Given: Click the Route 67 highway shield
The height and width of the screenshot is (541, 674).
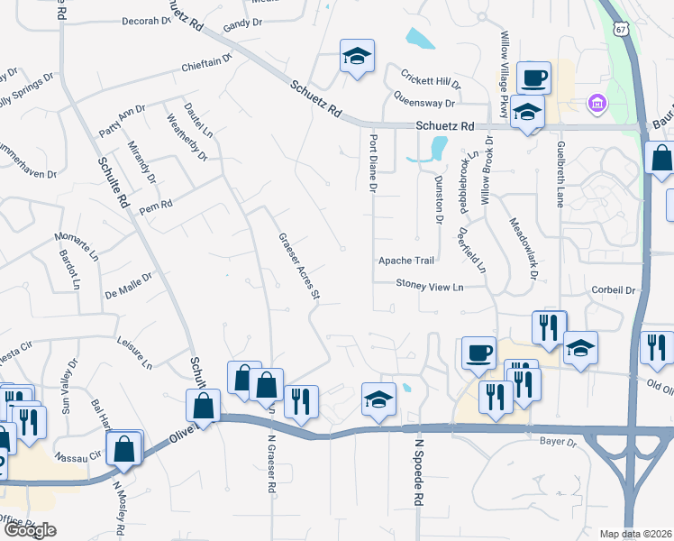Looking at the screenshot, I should pos(621,27).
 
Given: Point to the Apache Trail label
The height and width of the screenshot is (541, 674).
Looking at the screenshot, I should pos(405,261).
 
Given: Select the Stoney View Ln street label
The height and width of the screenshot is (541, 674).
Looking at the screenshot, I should pos(430,286).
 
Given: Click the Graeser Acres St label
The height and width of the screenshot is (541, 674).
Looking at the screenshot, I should pos(298,261).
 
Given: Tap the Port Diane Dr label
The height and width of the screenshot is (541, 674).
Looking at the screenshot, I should pos(372,163).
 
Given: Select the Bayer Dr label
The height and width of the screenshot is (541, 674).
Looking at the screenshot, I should pos(558,442).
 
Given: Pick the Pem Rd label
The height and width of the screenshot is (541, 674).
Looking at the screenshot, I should pos(155,206).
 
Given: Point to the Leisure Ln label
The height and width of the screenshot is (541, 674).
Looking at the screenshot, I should pos(135,352).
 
